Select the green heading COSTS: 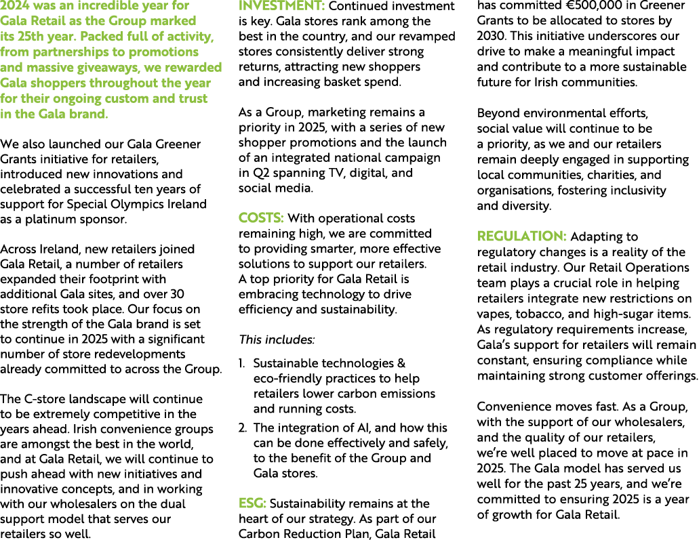[261, 218]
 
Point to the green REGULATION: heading [522, 236]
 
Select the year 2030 [492, 36]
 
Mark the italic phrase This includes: [276, 339]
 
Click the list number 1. [242, 364]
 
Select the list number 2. [243, 428]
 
